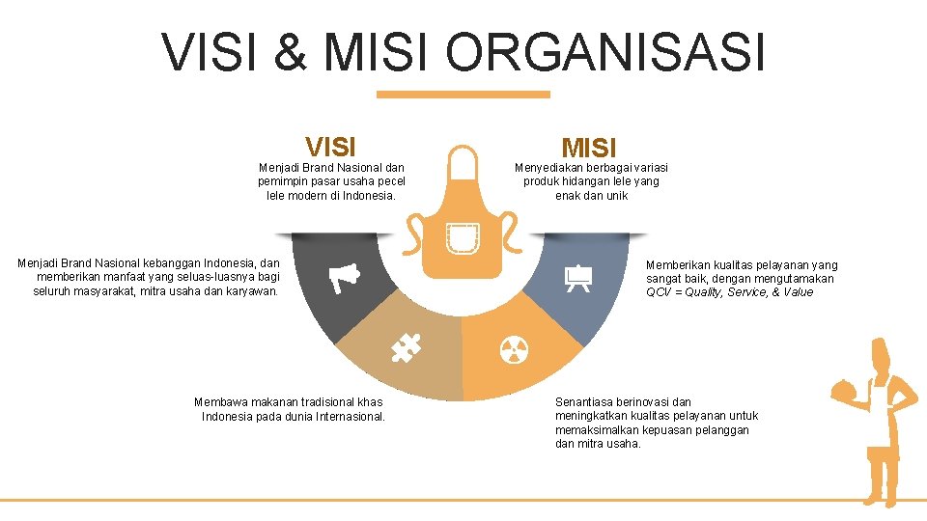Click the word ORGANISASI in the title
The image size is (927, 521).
[605, 52]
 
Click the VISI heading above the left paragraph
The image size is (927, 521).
[330, 147]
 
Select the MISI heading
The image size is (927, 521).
[589, 149]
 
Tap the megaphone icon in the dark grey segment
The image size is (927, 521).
[345, 277]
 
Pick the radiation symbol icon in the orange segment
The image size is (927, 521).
[514, 350]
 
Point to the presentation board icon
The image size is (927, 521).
[577, 278]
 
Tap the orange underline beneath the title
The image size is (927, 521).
[463, 95]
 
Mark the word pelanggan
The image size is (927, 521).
[719, 430]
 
